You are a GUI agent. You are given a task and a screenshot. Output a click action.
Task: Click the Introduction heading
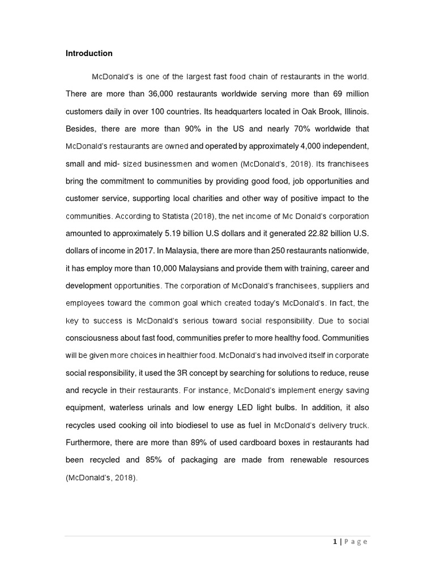(89, 53)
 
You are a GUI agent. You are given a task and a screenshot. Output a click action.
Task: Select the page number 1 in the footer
(335, 541)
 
